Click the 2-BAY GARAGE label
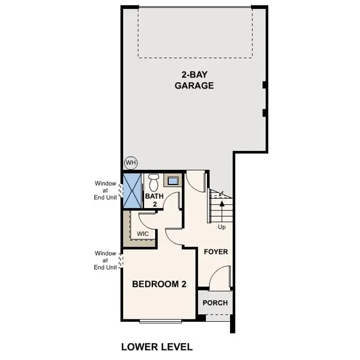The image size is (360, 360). [x=194, y=80]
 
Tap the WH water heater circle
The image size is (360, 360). [x=131, y=163]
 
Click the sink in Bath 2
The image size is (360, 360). [x=173, y=181]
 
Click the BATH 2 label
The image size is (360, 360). [x=154, y=200]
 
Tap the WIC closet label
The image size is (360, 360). [x=142, y=233]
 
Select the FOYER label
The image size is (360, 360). [x=216, y=251]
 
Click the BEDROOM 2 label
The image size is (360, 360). [x=159, y=284]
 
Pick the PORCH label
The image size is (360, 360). [x=215, y=303]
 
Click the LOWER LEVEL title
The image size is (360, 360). [x=157, y=346]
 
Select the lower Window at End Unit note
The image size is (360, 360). [x=105, y=260]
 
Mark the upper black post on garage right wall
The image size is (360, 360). [x=264, y=85]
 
